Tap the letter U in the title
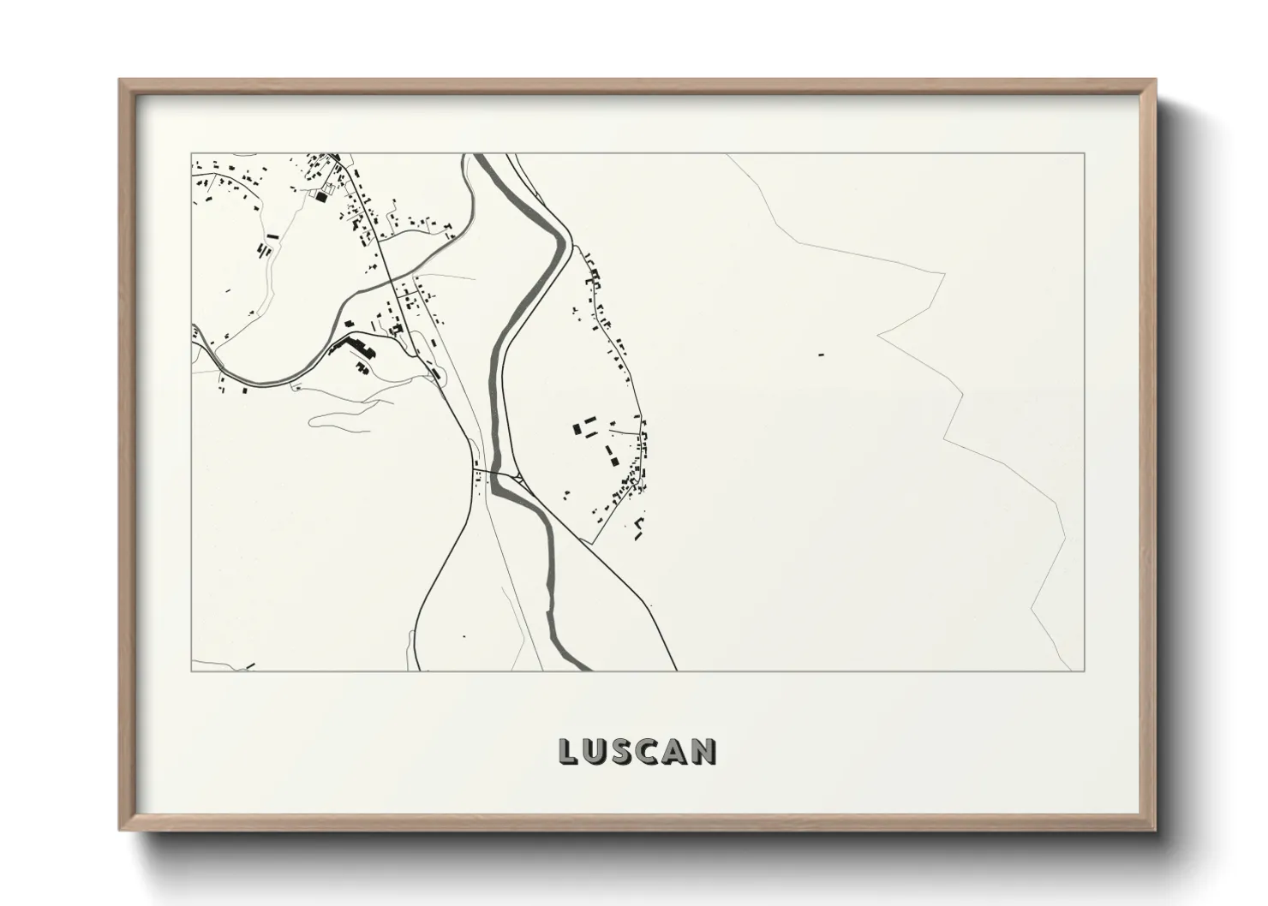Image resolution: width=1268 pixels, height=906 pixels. [596, 751]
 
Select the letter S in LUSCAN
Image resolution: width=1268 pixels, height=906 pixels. [625, 751]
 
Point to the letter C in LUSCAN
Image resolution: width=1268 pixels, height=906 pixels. [652, 751]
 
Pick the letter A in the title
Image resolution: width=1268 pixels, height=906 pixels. [679, 751]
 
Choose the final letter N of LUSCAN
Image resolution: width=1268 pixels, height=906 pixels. [706, 751]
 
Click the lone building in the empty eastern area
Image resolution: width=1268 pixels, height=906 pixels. [820, 354]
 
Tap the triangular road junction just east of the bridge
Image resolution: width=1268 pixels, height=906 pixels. [517, 476]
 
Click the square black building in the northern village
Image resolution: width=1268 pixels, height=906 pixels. [321, 197]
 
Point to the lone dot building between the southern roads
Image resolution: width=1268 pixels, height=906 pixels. [464, 636]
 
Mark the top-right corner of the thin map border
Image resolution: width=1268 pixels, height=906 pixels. [1085, 153]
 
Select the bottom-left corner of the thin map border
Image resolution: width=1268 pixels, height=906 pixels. [191, 671]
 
